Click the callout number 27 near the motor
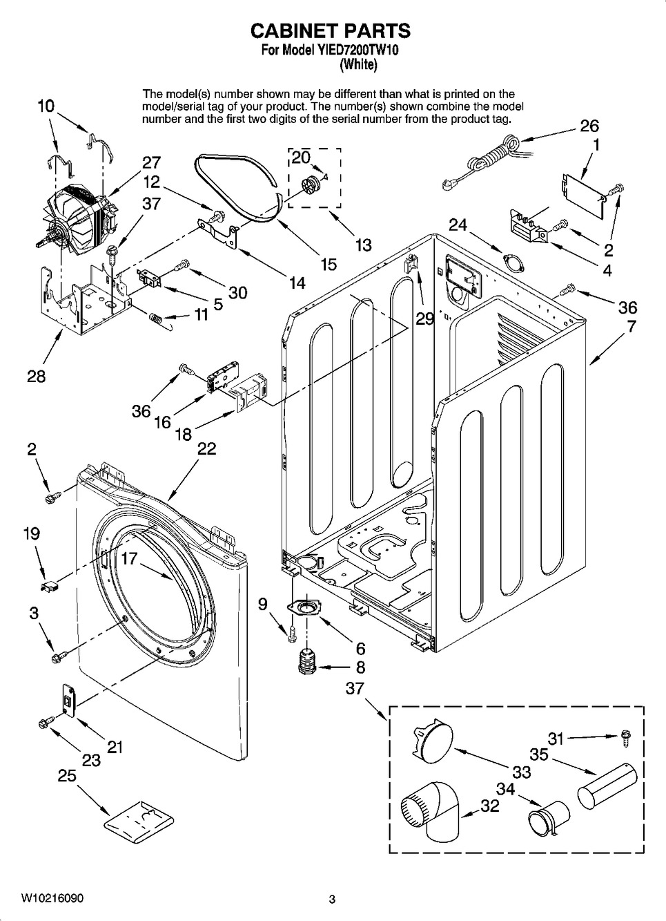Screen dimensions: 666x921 [152, 163]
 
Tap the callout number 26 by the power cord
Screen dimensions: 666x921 [589, 126]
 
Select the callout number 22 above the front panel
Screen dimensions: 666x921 [206, 448]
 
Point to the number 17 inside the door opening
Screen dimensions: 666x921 [128, 559]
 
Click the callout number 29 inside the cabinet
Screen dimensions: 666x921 [424, 319]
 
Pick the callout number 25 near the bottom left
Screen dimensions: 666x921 [67, 776]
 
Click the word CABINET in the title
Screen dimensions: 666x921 [293, 31]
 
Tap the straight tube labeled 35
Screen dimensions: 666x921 [607, 786]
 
